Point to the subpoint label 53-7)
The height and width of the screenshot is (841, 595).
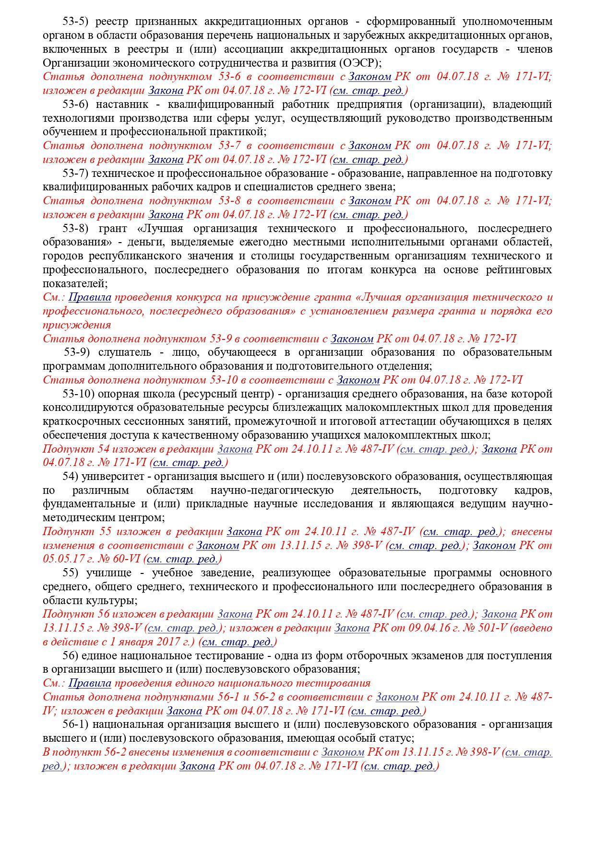[x=77, y=173]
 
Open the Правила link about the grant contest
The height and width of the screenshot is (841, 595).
[x=90, y=297]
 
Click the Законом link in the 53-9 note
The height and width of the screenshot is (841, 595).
[x=352, y=339]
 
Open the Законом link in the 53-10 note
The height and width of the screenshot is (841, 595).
[x=358, y=380]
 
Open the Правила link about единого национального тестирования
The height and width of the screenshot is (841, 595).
[x=90, y=683]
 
